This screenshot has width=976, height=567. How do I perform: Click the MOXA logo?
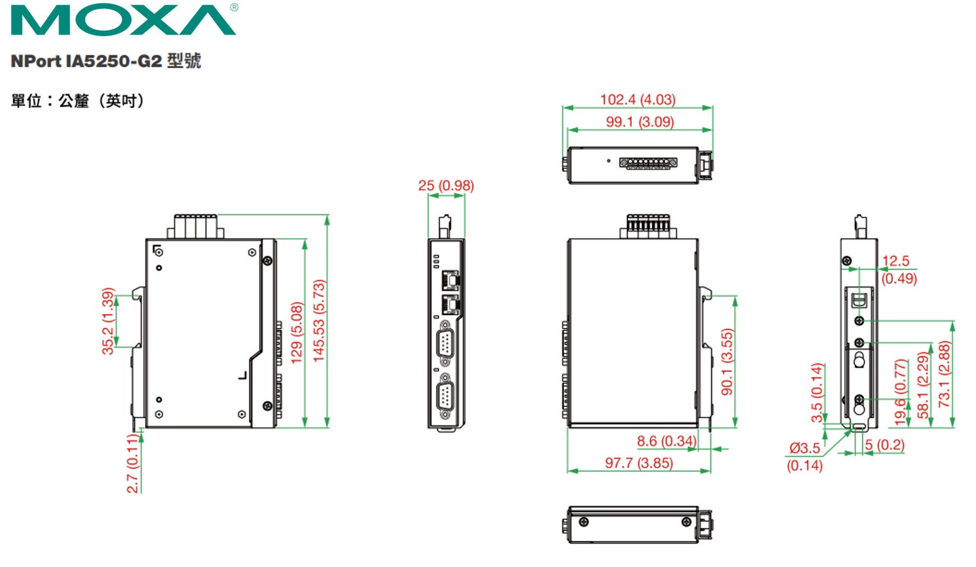[x=123, y=20]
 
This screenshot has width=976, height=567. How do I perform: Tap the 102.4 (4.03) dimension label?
[x=638, y=100]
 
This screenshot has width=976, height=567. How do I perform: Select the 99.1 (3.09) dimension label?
[x=639, y=122]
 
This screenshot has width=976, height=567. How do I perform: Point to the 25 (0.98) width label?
[x=446, y=186]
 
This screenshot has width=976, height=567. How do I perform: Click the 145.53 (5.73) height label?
[x=319, y=321]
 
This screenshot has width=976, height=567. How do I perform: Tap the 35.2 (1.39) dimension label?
[x=108, y=322]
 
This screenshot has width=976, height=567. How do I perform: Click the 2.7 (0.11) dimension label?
[x=133, y=463]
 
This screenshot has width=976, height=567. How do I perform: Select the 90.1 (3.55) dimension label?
[x=727, y=361]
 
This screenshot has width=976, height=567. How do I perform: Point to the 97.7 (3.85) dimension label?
[x=639, y=463]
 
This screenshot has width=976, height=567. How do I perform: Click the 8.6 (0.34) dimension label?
[x=666, y=441]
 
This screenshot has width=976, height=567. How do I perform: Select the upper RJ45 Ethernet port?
[x=451, y=280]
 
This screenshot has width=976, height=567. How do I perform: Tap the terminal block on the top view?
[x=648, y=162]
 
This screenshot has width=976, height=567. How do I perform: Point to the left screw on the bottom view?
[x=584, y=522]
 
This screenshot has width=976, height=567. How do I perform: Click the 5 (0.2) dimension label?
[x=884, y=445]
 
